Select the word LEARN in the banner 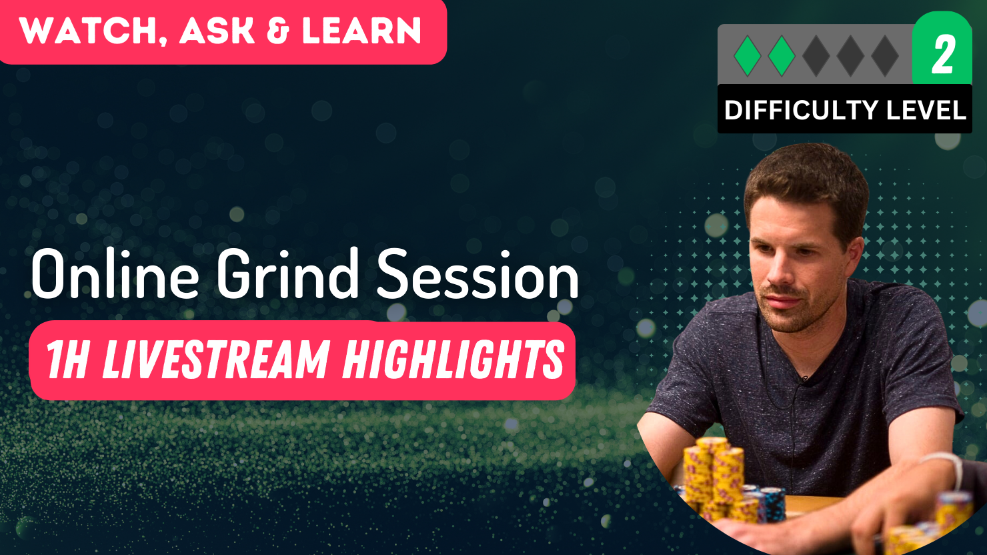(361, 31)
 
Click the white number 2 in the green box (942, 55)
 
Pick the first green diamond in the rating (747, 56)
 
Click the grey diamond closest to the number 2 (885, 56)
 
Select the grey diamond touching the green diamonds (816, 56)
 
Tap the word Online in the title (115, 275)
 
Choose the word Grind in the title (287, 275)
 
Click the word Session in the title (477, 275)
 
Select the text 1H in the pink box (67, 360)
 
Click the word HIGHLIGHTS (453, 360)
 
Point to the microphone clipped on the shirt (806, 379)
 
